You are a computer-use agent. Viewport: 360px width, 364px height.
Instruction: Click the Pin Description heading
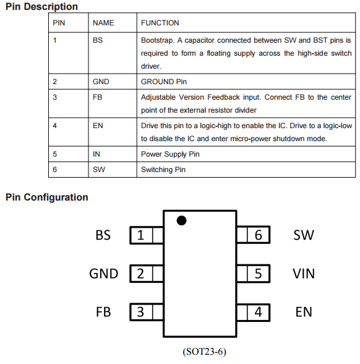point(41,6)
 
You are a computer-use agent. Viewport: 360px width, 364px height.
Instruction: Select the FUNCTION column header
point(160,23)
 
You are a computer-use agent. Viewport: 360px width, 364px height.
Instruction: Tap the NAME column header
point(103,23)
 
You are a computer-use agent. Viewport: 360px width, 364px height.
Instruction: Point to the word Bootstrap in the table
point(158,40)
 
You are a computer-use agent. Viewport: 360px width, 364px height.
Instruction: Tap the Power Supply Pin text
point(170,154)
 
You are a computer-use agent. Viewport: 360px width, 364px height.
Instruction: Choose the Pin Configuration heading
point(47,197)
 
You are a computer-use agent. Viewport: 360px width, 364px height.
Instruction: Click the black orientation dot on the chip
point(181,220)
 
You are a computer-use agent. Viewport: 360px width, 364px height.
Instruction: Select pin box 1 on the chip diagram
point(147,235)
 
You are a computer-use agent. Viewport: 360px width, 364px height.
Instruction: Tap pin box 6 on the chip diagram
point(254,235)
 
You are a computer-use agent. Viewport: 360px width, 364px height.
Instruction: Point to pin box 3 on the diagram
point(147,312)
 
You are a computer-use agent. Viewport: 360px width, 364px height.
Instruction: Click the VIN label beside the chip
point(304,274)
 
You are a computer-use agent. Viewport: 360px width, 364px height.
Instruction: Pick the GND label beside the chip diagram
point(104,274)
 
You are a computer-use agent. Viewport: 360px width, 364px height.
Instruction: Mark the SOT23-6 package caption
point(204,352)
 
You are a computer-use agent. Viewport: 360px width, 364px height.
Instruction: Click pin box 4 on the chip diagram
point(254,312)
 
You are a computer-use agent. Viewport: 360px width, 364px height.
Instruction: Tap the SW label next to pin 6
point(304,235)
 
